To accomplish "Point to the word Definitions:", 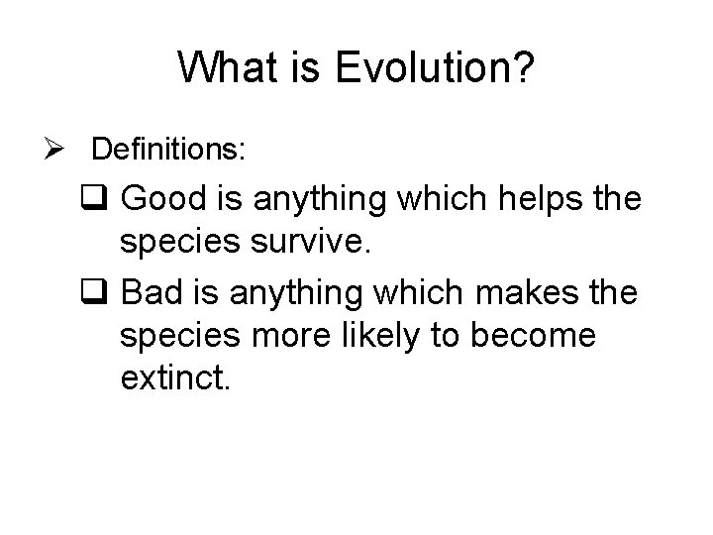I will click(169, 150).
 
